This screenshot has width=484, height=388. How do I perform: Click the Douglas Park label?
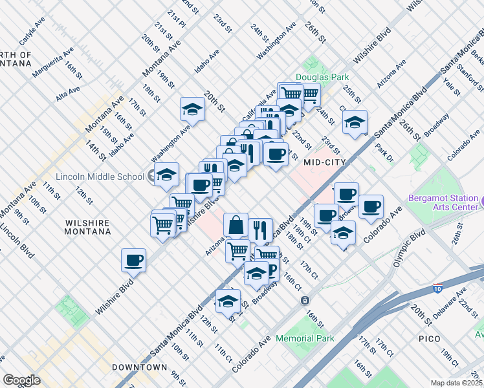(x=318, y=77)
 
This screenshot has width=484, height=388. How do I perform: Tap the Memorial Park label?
(x=305, y=338)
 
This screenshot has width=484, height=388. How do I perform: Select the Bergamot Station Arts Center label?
(x=443, y=202)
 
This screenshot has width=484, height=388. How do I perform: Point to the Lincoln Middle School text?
(x=100, y=177)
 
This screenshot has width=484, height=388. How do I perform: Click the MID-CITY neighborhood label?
(x=325, y=162)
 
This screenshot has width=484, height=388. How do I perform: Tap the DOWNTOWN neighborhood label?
(x=139, y=367)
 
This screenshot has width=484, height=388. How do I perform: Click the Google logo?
(x=21, y=380)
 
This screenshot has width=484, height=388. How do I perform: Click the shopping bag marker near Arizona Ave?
(x=236, y=225)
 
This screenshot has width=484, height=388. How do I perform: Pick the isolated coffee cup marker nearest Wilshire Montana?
(x=134, y=260)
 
